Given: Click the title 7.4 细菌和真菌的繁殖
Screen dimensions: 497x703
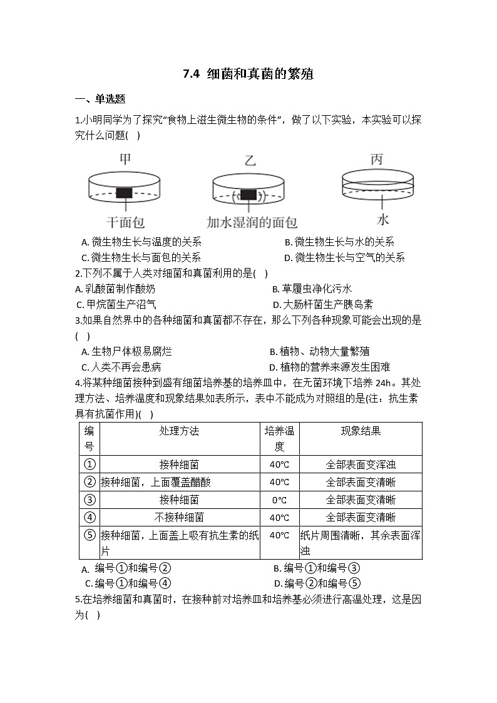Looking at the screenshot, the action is point(248,74).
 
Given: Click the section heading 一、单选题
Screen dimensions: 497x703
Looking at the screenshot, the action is point(100,98).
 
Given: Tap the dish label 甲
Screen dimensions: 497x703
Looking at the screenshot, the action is point(125,160).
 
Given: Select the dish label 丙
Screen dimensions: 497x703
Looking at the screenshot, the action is point(376,160).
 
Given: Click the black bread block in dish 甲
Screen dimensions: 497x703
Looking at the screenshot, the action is point(124,193).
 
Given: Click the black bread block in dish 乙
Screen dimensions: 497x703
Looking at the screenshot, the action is point(248,195).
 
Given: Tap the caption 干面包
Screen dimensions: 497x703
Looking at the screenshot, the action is point(125,222).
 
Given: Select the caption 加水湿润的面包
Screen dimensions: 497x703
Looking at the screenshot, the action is point(252,222).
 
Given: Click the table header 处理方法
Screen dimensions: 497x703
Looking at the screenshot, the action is point(179,431).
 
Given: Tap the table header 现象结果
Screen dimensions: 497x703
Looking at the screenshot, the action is point(361,431).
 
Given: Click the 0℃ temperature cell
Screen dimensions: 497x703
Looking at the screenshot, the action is point(279,500).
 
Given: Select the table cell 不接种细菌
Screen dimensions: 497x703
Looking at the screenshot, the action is point(179,518).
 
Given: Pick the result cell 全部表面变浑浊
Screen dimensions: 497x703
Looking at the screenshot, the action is point(361,464).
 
